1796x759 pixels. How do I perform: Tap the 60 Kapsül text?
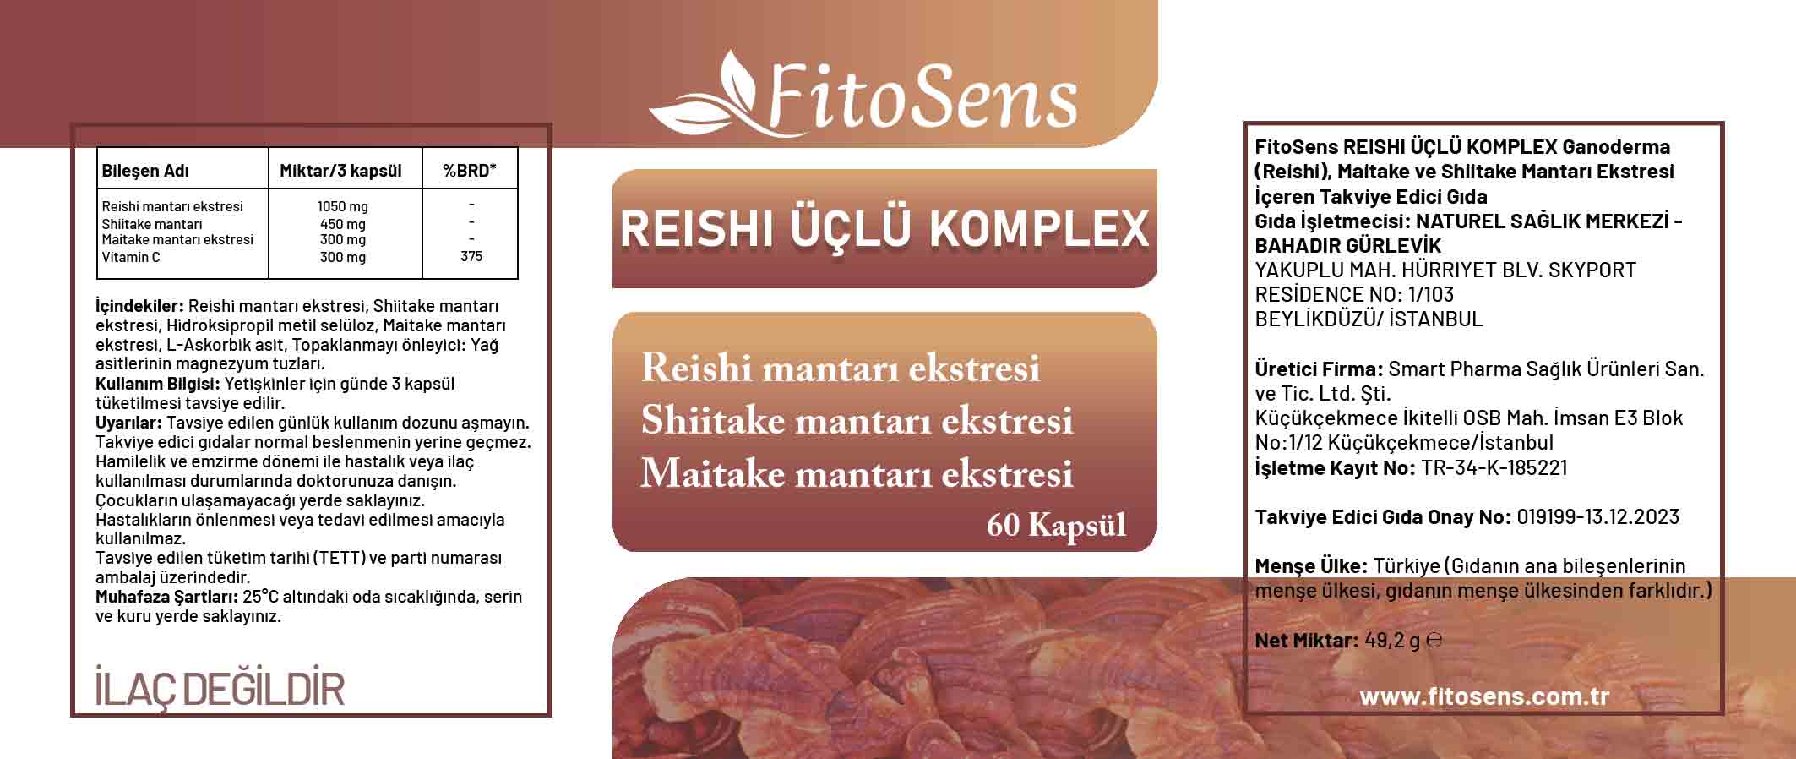click(x=1056, y=526)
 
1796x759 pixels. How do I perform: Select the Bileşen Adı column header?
click(x=145, y=171)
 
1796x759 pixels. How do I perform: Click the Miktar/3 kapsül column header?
click(x=340, y=171)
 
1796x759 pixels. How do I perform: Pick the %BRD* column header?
click(x=470, y=171)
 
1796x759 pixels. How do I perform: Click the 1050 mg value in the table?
click(x=343, y=206)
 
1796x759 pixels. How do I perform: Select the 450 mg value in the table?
click(x=343, y=224)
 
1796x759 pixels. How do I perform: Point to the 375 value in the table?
click(x=471, y=257)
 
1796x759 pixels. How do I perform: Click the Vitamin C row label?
click(x=131, y=257)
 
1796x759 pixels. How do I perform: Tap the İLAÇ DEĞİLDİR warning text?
click(x=220, y=690)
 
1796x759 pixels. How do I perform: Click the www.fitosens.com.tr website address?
click(x=1484, y=696)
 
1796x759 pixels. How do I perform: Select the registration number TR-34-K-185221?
click(x=1494, y=467)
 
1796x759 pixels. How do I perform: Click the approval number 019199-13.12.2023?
click(x=1598, y=516)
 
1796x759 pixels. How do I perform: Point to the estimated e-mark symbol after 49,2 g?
click(x=1434, y=641)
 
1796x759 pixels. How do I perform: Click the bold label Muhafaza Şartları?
click(x=167, y=597)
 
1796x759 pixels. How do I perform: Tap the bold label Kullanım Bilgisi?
click(x=158, y=384)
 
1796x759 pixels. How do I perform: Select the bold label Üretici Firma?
click(x=1319, y=369)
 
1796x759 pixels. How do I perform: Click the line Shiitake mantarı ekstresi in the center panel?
click(x=857, y=421)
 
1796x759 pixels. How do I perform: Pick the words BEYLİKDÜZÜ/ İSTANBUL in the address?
click(x=1369, y=319)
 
